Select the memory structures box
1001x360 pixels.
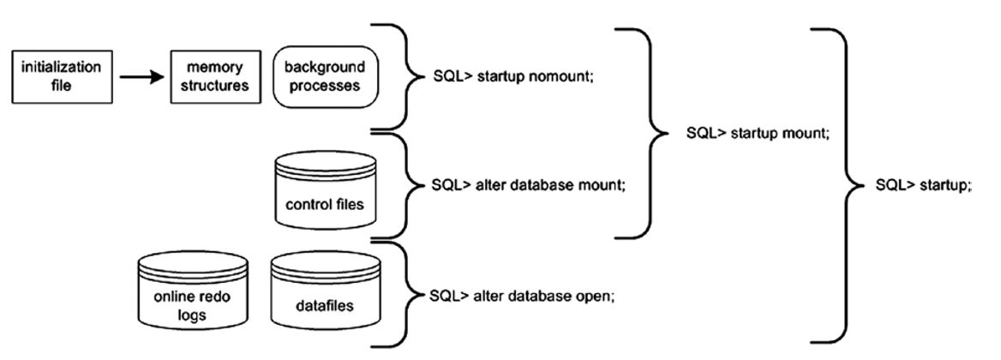pyautogui.click(x=215, y=76)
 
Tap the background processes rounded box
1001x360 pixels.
pyautogui.click(x=326, y=76)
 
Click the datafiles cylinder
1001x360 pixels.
pyautogui.click(x=325, y=297)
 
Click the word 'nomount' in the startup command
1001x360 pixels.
pyautogui.click(x=544, y=76)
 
